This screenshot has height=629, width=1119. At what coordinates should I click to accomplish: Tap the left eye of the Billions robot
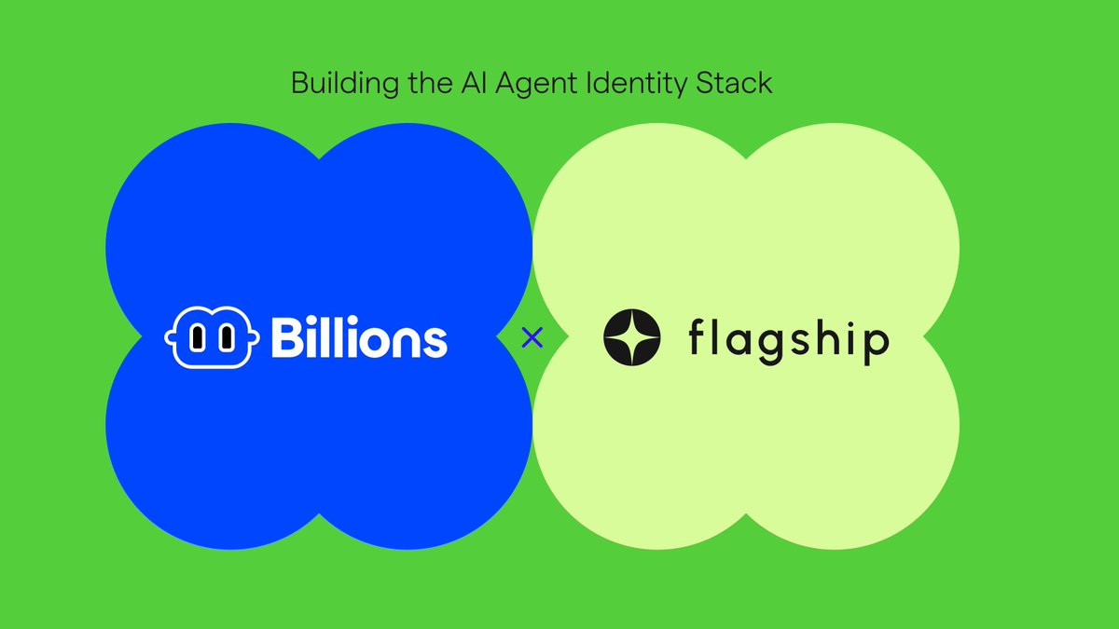click(x=198, y=339)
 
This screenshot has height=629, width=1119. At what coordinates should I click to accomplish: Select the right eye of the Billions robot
click(x=225, y=339)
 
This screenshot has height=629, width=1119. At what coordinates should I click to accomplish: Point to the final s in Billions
click(x=435, y=343)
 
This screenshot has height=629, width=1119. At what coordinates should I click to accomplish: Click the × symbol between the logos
click(x=532, y=337)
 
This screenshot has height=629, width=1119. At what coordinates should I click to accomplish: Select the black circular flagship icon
click(x=632, y=337)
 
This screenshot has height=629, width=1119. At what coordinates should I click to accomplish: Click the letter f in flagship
click(x=698, y=337)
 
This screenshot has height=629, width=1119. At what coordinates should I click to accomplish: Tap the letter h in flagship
click(x=824, y=337)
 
